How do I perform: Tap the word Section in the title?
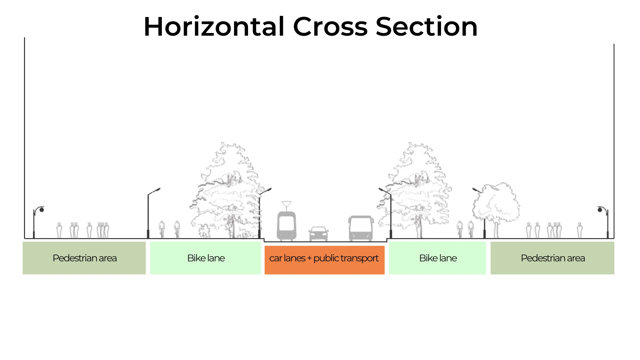click(427, 27)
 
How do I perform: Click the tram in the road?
click(286, 226)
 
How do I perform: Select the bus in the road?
click(361, 228)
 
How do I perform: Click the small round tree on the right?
click(496, 205)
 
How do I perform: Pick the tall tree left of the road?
click(227, 190)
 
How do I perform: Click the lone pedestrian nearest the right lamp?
click(580, 230)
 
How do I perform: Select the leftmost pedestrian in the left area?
click(59, 230)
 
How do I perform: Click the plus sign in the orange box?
click(309, 258)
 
